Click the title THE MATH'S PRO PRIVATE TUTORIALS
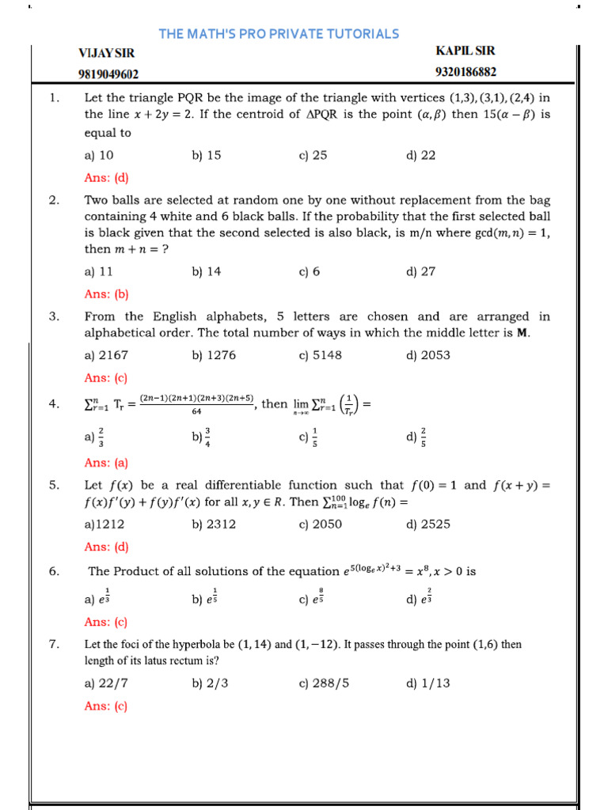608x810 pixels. tap(279, 33)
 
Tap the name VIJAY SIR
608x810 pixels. tap(106, 53)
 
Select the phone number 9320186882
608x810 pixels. tap(465, 73)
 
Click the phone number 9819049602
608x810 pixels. tap(108, 74)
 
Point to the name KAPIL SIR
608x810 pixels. tap(465, 51)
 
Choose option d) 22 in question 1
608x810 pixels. tap(420, 156)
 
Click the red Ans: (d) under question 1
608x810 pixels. tap(106, 178)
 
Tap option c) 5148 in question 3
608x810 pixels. tap(321, 355)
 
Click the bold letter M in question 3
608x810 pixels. tap(522, 333)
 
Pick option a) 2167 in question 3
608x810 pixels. tap(106, 355)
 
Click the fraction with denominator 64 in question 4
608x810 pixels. tap(196, 404)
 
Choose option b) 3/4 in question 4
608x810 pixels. tap(201, 436)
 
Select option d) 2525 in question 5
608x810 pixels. tap(427, 524)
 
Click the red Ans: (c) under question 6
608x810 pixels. tap(106, 622)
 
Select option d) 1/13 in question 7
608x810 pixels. tap(427, 683)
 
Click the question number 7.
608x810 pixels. tap(55, 645)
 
